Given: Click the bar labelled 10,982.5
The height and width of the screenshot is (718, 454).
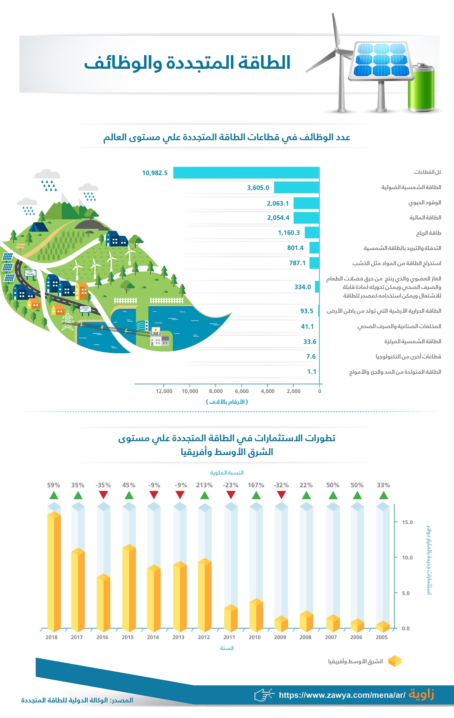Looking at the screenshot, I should tap(246, 173).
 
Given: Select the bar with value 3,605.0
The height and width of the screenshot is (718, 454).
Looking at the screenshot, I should tap(296, 188).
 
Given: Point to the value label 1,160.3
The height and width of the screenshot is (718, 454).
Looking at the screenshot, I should tap(289, 233).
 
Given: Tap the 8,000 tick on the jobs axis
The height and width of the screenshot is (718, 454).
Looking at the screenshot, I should tap(216, 391).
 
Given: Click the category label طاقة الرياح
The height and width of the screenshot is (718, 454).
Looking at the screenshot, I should tap(428, 233).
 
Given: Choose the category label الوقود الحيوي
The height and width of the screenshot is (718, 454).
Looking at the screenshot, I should tap(424, 202).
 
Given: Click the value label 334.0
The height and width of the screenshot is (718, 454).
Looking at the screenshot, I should tap(303, 287).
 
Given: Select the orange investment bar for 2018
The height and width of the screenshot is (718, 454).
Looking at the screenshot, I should tap(54, 572).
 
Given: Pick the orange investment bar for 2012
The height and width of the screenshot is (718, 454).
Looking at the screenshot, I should tap(205, 595).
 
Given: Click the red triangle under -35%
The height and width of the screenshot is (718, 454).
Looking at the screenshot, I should tap(103, 495).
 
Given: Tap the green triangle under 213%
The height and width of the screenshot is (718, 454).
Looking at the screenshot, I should tap(205, 495).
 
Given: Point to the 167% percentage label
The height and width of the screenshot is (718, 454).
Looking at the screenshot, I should tap(256, 485).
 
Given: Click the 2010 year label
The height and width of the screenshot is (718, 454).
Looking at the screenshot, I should tap(254, 637).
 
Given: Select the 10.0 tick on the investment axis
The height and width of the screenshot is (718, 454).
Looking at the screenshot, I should tap(407, 558).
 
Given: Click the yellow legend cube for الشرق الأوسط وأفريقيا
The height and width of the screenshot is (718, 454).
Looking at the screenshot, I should tap(395, 661).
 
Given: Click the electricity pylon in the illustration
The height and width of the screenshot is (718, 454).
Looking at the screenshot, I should tap(68, 321).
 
